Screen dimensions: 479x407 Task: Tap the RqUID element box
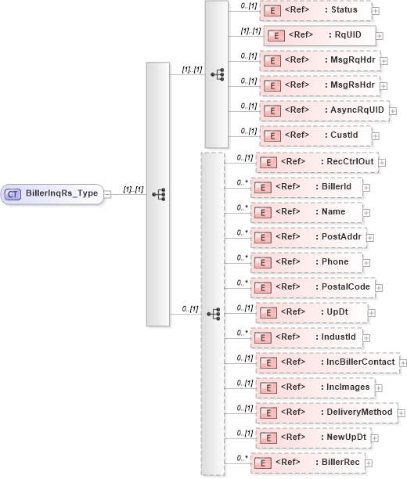click(320, 35)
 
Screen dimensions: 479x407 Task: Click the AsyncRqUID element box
click(323, 110)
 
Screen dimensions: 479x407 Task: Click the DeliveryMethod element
click(326, 411)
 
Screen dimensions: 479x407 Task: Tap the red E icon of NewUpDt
click(269, 437)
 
